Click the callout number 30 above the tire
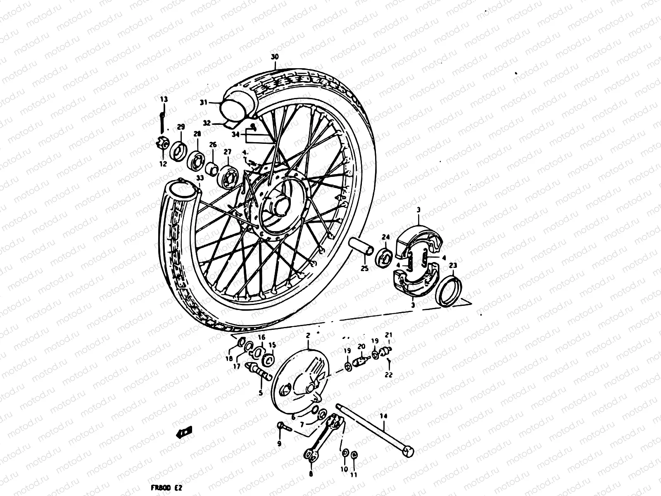275,57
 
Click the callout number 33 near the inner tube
200,178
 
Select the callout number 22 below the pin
389,375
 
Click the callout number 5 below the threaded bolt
260,393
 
